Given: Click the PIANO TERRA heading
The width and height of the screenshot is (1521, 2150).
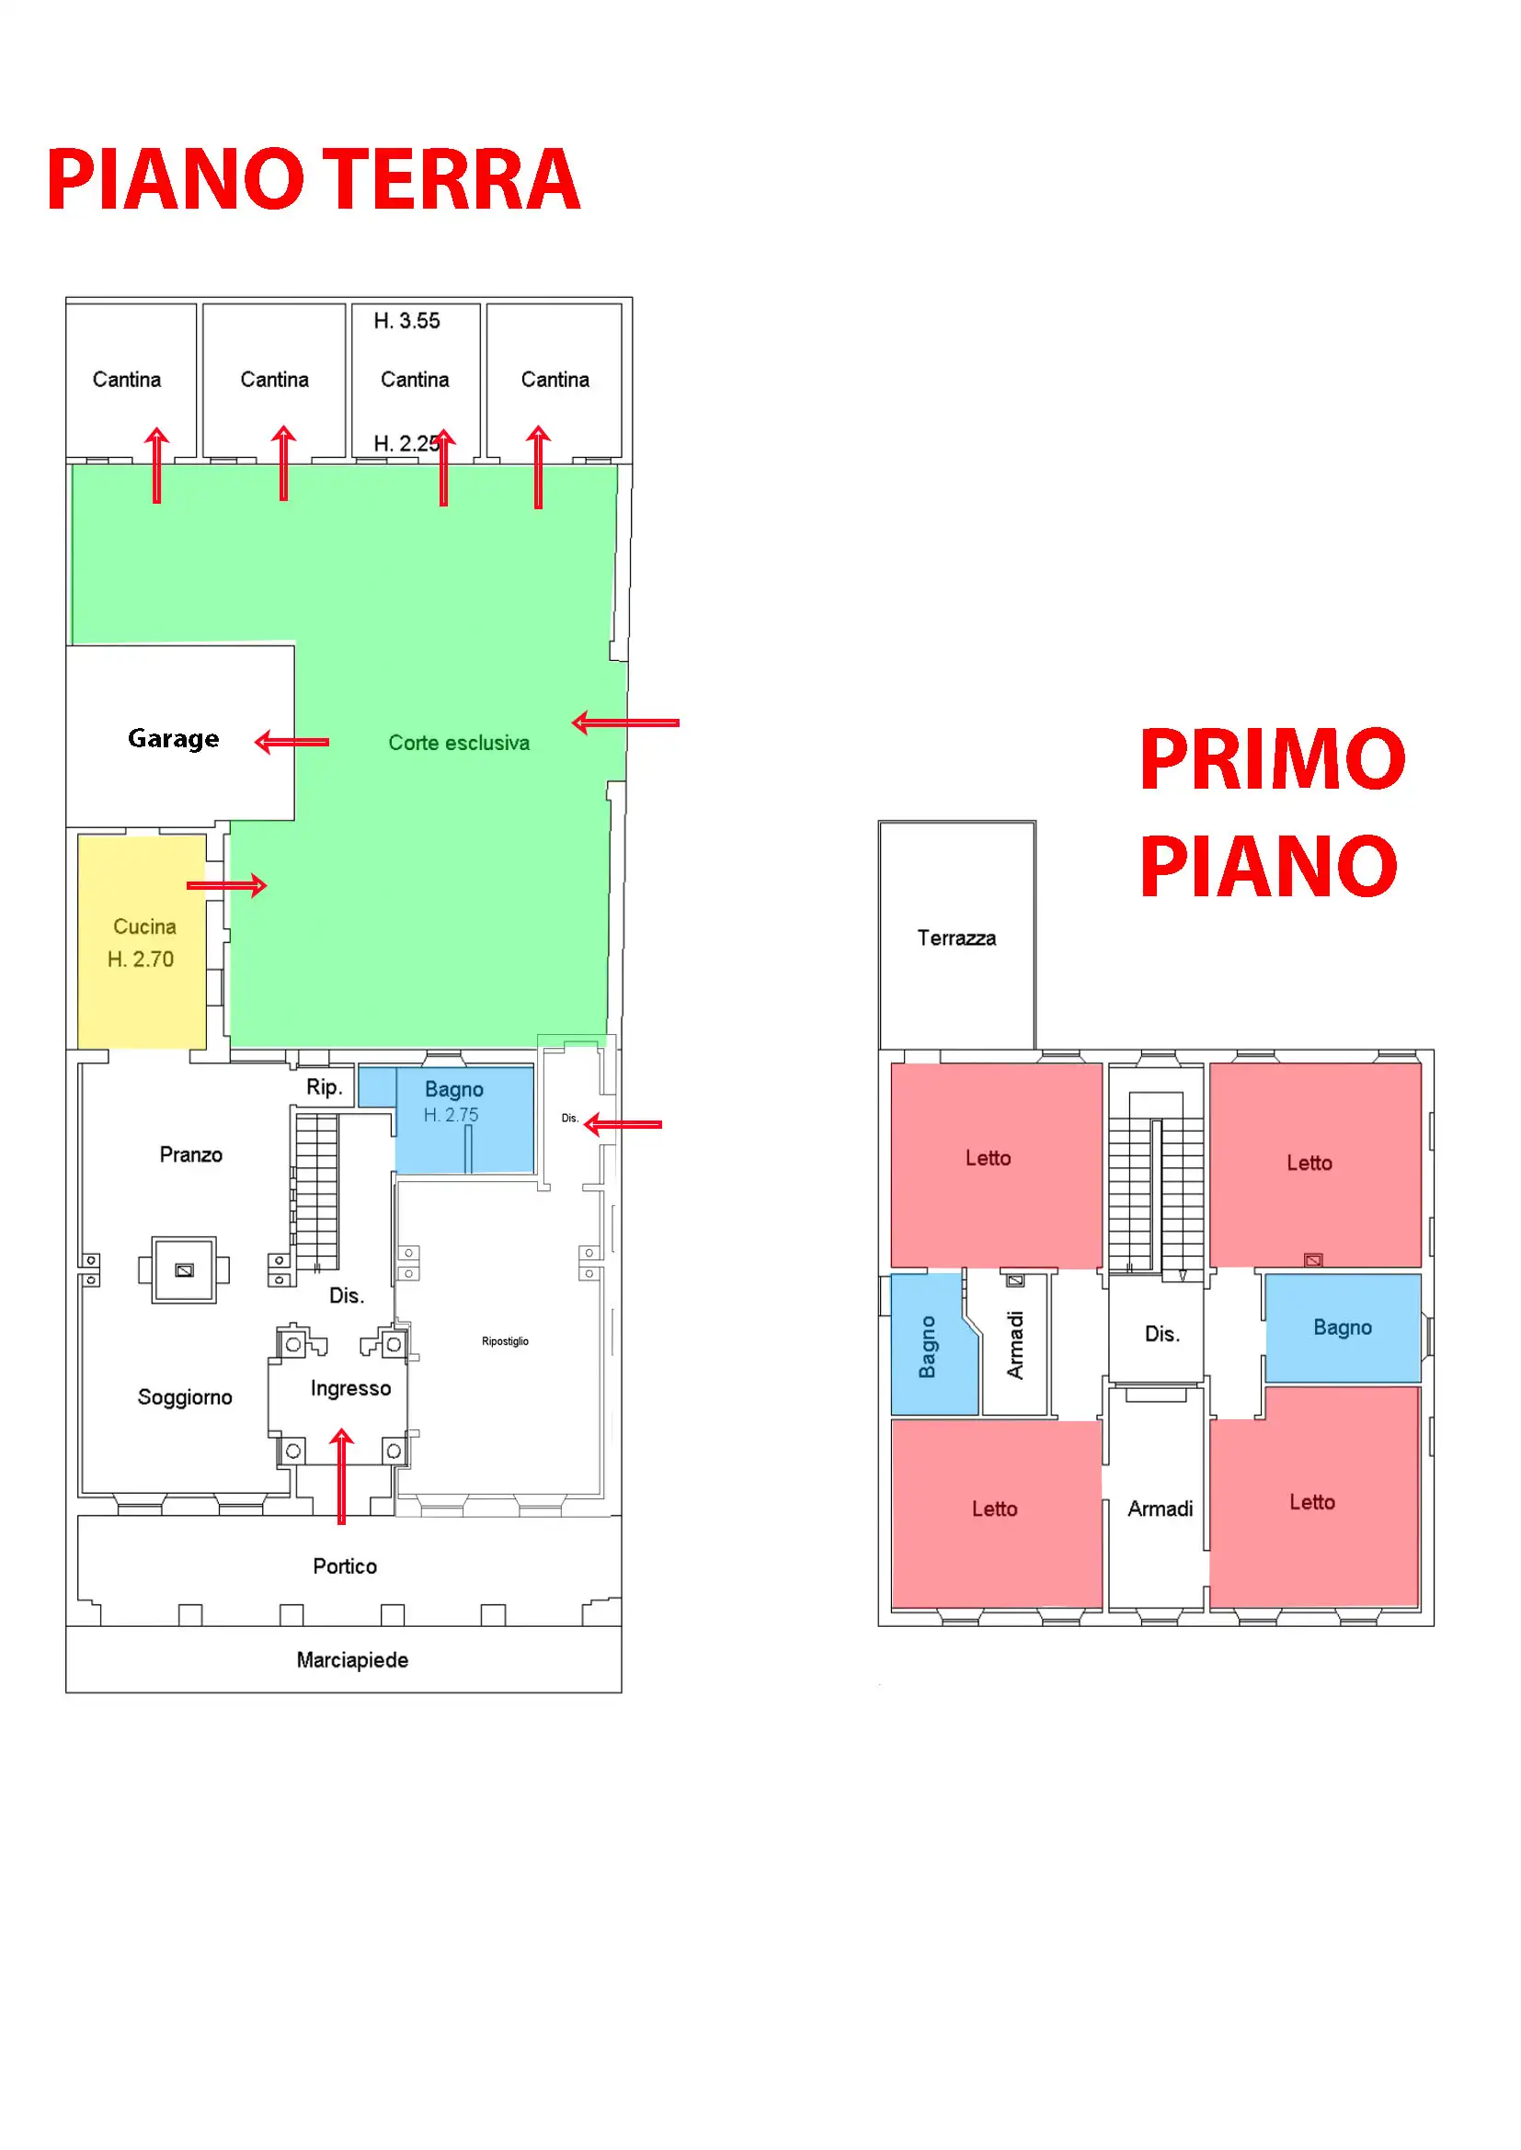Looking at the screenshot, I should point(313,179).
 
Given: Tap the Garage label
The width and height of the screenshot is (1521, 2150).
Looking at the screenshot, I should point(173,739).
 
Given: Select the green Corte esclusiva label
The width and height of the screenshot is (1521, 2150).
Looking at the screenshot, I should point(459,744).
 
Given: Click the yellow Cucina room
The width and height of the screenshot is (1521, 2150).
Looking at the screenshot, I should point(142,942).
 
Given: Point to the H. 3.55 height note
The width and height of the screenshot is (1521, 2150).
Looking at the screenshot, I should point(406,321).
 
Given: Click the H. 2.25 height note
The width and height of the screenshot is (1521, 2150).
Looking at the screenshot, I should point(405,444).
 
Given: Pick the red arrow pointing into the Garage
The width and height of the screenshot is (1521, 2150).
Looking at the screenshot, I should point(292,743).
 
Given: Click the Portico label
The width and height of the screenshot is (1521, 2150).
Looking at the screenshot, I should point(345,1566).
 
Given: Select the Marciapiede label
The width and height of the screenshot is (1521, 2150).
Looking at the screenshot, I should point(352,1660).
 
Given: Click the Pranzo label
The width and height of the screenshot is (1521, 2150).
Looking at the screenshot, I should point(191,1155).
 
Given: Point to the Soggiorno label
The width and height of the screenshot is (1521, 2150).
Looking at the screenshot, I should point(185,1397).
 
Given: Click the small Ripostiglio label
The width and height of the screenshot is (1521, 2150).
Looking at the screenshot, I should point(505,1341).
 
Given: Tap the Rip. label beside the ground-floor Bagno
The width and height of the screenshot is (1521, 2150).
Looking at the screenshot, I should point(324,1087).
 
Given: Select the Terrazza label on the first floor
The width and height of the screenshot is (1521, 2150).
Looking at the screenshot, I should point(956,938).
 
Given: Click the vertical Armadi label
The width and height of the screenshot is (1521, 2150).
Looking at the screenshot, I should point(1015,1346).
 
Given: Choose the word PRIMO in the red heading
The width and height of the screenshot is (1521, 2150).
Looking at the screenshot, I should point(1272,759).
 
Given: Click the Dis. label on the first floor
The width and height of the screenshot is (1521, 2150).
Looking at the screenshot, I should point(1161,1335).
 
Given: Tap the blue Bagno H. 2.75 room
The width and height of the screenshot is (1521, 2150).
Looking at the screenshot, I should point(463,1119).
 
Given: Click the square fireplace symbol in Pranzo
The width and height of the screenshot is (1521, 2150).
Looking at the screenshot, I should point(185,1269).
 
